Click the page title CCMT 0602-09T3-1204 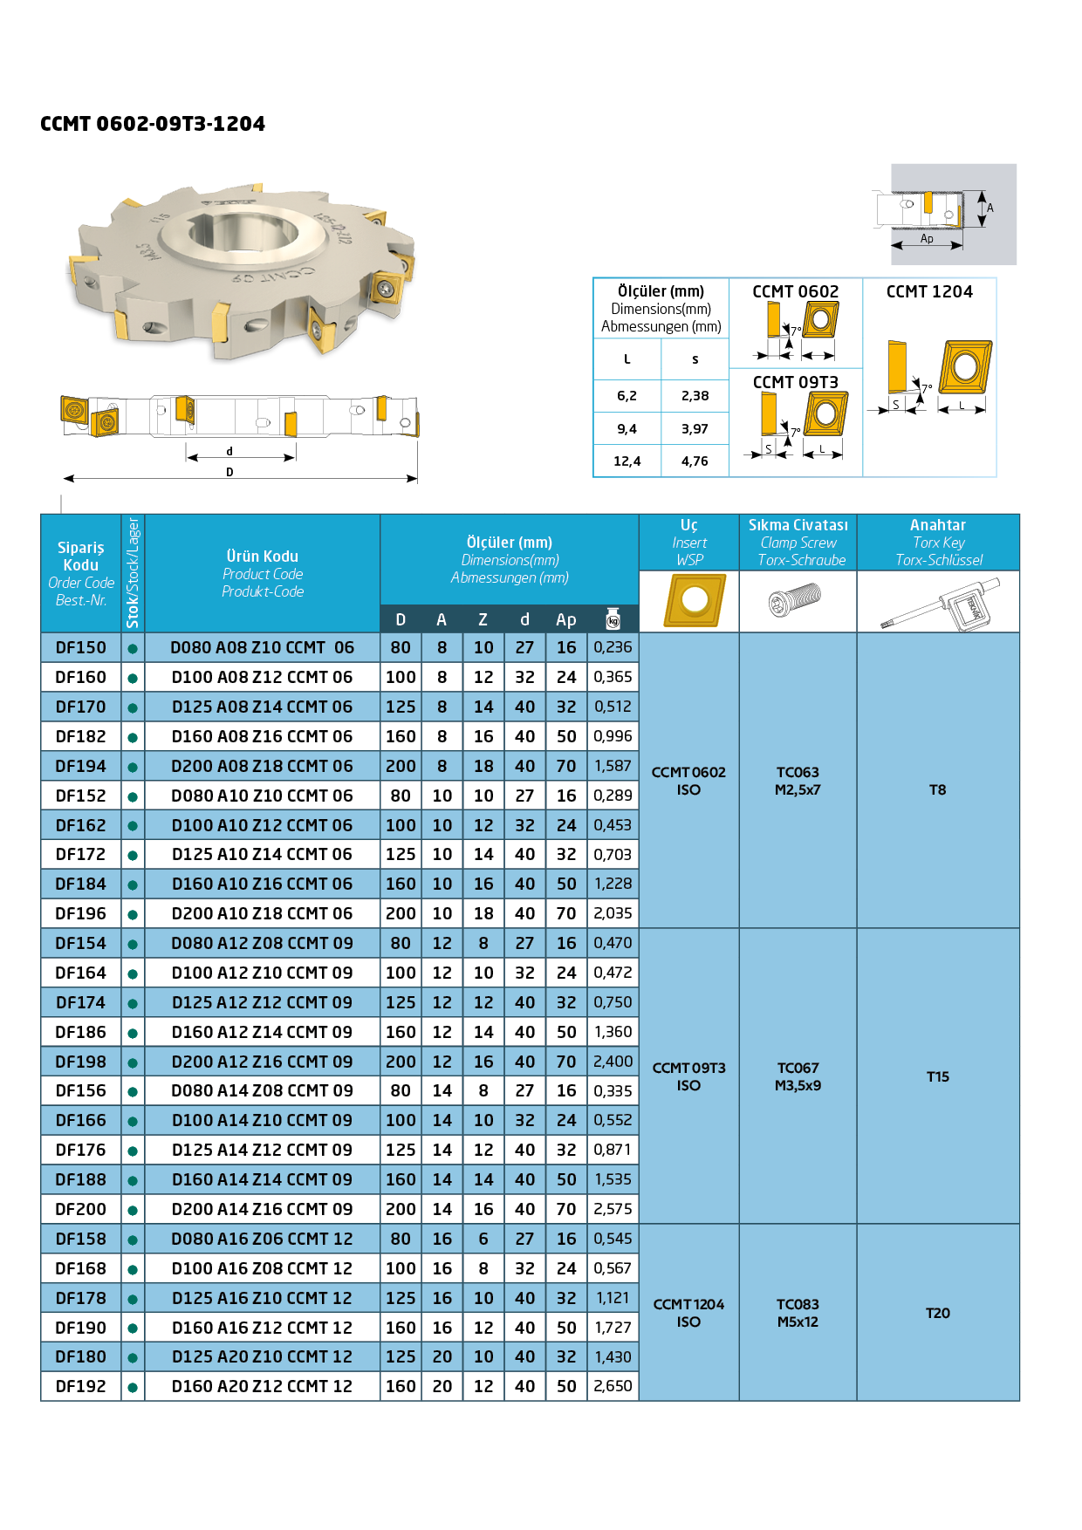tap(153, 124)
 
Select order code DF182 tap(80, 737)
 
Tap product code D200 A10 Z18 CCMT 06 tap(262, 914)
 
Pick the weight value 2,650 tap(613, 1387)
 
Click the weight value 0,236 tap(613, 647)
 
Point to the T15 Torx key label tap(937, 1077)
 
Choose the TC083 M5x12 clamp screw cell tap(798, 1313)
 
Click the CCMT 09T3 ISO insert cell tap(688, 1077)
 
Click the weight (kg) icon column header tap(613, 619)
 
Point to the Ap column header tap(566, 620)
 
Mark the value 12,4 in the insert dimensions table tap(627, 461)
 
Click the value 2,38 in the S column tap(695, 396)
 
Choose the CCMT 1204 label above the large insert tap(929, 292)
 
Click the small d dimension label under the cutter tap(229, 452)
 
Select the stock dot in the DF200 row tap(133, 1211)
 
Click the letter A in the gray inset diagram tap(990, 208)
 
